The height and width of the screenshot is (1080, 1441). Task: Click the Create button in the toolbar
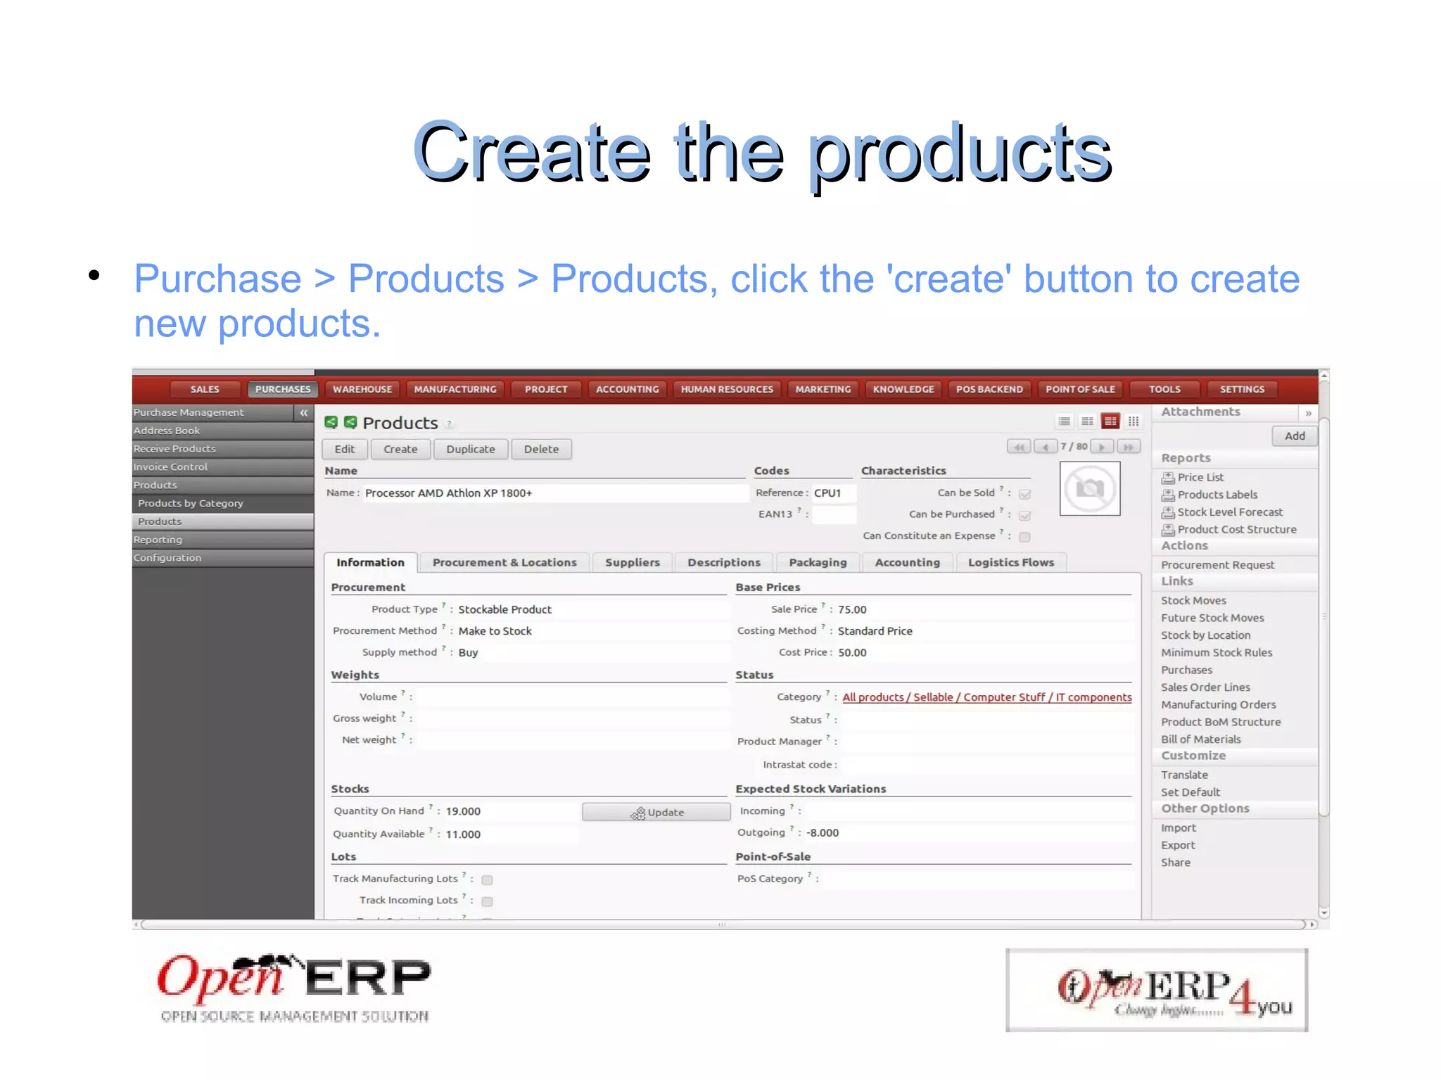(x=400, y=449)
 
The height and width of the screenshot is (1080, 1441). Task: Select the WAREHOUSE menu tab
(x=362, y=389)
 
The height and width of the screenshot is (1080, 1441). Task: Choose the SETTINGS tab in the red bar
(x=1242, y=389)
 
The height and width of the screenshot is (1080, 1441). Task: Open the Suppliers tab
(x=632, y=562)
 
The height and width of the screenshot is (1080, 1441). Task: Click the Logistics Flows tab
(x=1010, y=562)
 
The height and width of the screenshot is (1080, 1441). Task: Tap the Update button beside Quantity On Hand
(x=656, y=812)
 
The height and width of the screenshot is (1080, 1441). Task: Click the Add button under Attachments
(x=1294, y=436)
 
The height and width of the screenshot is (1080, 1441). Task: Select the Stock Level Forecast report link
(x=1229, y=512)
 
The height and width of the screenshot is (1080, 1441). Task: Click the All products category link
(x=986, y=697)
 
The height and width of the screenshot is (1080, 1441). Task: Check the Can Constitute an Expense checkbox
(x=1025, y=537)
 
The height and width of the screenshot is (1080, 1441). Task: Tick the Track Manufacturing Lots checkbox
(x=487, y=879)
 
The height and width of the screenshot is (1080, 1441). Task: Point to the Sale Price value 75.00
(x=852, y=609)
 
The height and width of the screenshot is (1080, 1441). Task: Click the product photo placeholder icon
(x=1089, y=488)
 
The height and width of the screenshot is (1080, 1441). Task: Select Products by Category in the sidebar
(x=191, y=503)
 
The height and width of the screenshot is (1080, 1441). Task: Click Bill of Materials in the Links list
(x=1200, y=739)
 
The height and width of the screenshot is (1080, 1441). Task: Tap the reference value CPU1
(x=827, y=493)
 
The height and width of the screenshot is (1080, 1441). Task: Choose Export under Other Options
(x=1178, y=845)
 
